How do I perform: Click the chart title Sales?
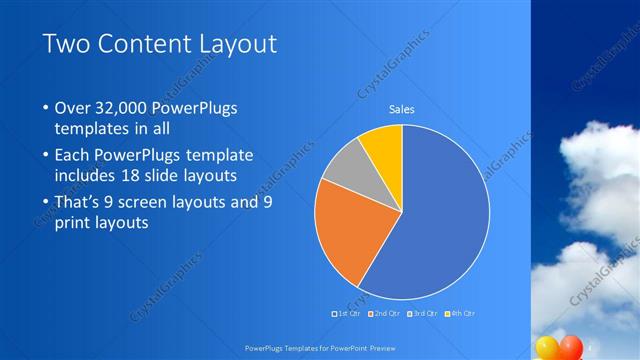(x=401, y=109)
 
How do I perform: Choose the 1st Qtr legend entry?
(x=348, y=314)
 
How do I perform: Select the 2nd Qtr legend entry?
(x=386, y=314)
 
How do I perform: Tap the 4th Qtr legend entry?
(x=460, y=314)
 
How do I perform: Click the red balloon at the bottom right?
(x=571, y=347)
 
